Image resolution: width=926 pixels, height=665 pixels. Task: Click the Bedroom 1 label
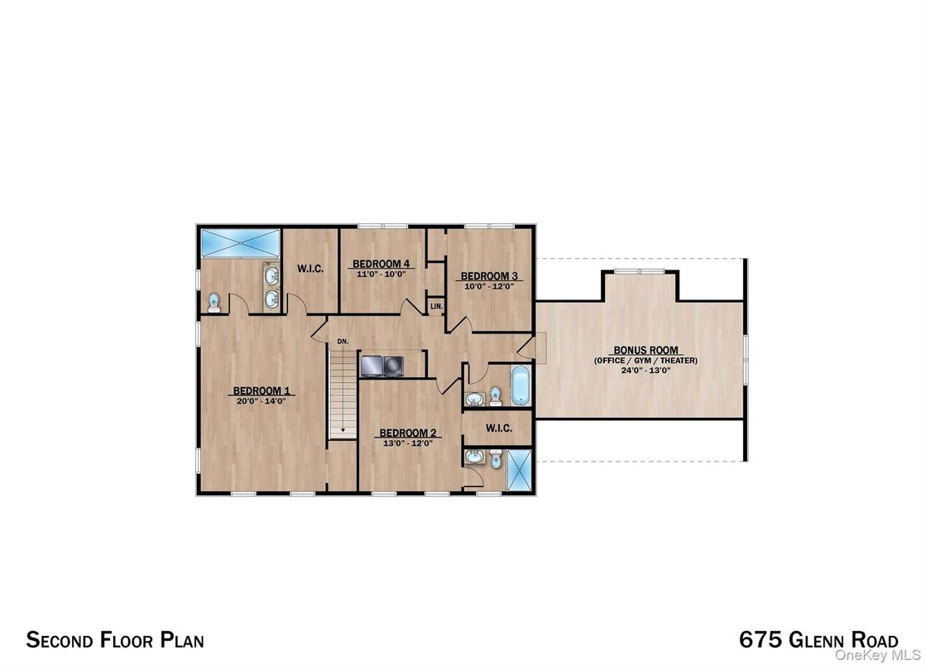pyautogui.click(x=261, y=390)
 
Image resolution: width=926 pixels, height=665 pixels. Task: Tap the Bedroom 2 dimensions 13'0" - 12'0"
pyautogui.click(x=406, y=443)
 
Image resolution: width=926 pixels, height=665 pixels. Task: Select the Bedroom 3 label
pyautogui.click(x=489, y=276)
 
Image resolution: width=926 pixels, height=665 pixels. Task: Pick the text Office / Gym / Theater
pyautogui.click(x=645, y=361)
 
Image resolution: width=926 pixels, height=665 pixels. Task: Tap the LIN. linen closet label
pyautogui.click(x=436, y=306)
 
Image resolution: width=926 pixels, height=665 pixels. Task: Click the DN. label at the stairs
pyautogui.click(x=341, y=341)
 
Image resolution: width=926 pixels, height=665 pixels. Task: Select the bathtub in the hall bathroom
pyautogui.click(x=520, y=386)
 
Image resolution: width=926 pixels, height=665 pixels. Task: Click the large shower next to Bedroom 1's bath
pyautogui.click(x=240, y=242)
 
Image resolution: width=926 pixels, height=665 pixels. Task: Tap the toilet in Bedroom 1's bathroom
pyautogui.click(x=214, y=303)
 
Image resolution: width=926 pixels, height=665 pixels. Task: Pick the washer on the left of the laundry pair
pyautogui.click(x=370, y=364)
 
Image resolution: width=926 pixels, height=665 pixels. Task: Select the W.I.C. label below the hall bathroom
pyautogui.click(x=498, y=428)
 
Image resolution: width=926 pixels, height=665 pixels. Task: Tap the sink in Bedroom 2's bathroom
pyautogui.click(x=473, y=457)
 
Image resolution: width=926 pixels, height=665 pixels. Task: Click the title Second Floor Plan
pyautogui.click(x=115, y=639)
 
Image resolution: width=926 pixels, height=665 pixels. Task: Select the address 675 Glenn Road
pyautogui.click(x=818, y=640)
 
